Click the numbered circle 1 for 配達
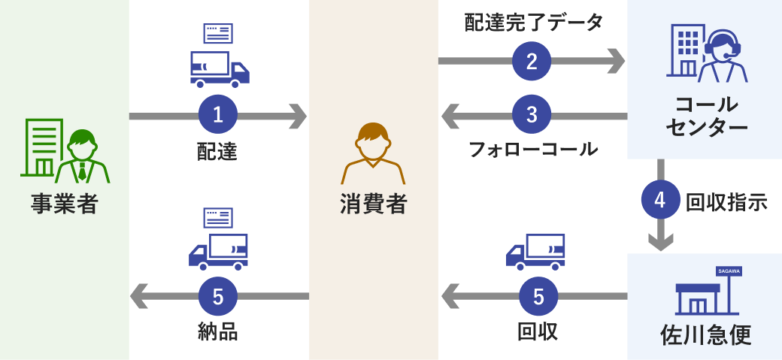pos(218,116)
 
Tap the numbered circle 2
pos(532,60)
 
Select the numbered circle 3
pos(532,116)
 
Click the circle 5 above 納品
pos(218,296)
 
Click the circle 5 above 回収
pos(538,296)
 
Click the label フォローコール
pos(533,149)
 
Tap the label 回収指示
pos(726,201)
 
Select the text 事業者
pos(65,204)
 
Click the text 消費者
pos(373,204)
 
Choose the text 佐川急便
pos(705,334)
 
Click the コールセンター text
pos(705,116)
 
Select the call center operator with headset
pos(723,56)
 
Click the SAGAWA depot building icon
pos(707,292)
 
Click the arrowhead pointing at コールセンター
pos(616,60)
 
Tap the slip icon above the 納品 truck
pos(218,217)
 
